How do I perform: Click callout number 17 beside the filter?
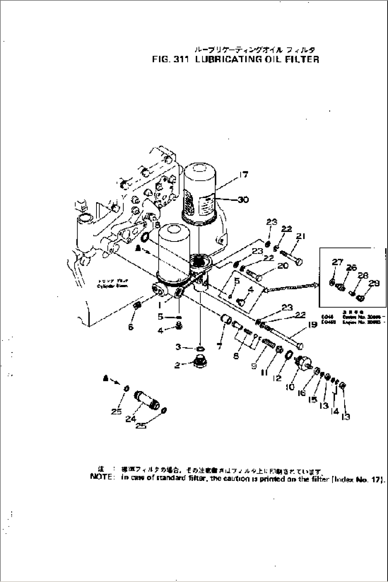[244, 175]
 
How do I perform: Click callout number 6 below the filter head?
[131, 327]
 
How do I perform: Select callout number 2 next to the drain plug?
[177, 365]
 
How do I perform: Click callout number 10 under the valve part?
[290, 387]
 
